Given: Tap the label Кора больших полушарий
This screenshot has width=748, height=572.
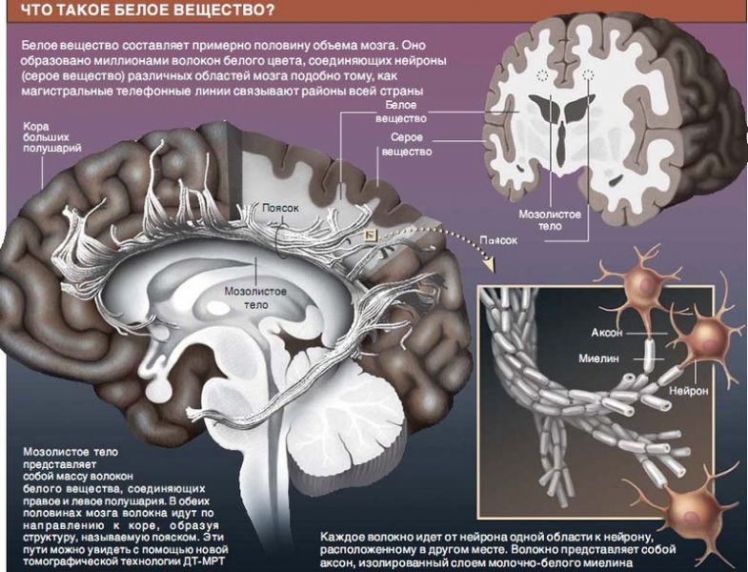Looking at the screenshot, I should (49, 137).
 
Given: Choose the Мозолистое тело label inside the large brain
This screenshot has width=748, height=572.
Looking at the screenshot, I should (254, 296).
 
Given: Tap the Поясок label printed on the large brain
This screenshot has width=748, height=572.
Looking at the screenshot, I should (281, 207).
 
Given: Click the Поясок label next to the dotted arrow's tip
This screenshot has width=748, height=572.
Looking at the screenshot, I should (498, 240).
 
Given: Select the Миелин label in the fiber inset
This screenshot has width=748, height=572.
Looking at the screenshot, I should (600, 358).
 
